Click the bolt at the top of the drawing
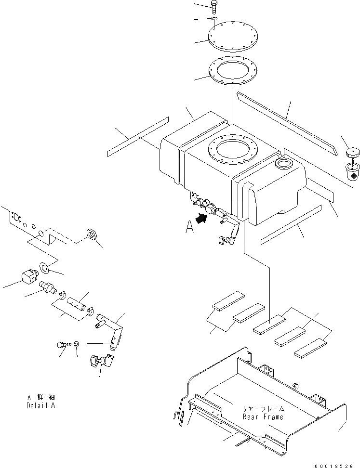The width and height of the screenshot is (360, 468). click(214, 7)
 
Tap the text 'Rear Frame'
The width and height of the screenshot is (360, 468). click(263, 416)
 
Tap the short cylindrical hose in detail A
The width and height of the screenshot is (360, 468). click(78, 306)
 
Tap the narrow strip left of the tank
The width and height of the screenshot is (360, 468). click(138, 136)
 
